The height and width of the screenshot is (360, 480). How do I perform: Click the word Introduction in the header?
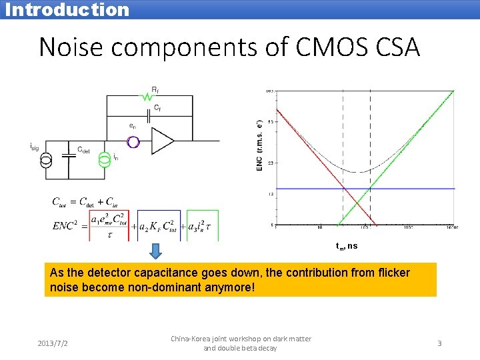[67, 9]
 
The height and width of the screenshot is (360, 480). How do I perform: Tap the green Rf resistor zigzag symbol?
[147, 97]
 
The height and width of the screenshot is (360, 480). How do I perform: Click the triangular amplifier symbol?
[163, 141]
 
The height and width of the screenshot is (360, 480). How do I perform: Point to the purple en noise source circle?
[133, 142]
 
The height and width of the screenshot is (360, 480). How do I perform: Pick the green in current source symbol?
[104, 161]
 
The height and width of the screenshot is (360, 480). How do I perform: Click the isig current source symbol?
[45, 161]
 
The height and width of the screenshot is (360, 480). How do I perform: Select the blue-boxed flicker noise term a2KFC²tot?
[161, 226]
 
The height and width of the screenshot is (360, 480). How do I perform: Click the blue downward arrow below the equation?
[155, 251]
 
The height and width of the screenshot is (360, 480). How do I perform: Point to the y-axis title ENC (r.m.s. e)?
[259, 146]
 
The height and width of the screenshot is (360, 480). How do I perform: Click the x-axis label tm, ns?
[347, 246]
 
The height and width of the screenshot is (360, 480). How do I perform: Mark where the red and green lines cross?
[359, 203]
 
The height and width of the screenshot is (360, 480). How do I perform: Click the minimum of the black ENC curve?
[360, 172]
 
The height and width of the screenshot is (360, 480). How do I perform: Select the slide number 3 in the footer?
[439, 343]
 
